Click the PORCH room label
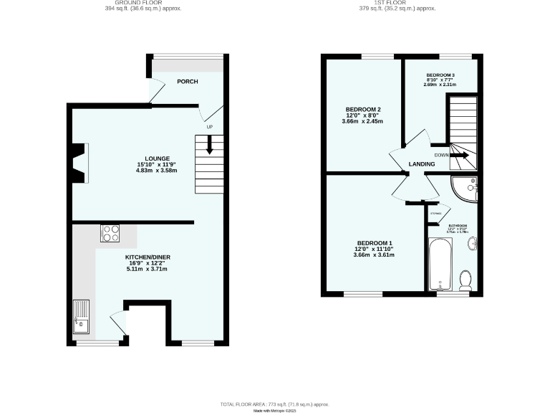(188, 81)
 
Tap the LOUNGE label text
(157, 158)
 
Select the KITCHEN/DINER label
(147, 257)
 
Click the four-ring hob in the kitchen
(112, 232)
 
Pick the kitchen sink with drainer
(81, 318)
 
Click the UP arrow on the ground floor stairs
(209, 146)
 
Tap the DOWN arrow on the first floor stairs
(459, 155)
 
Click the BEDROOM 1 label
(374, 242)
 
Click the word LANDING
(421, 164)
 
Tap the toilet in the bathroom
(465, 280)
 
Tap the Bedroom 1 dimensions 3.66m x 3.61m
(374, 255)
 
